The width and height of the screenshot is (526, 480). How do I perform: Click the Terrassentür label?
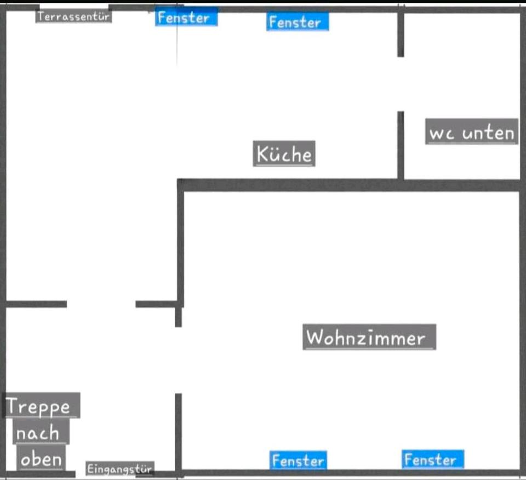pos(73,16)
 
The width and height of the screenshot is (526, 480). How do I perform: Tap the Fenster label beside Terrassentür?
pos(186,18)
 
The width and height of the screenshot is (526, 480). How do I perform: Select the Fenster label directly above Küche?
pos(298,22)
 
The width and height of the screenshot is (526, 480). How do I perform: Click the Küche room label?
pos(284,154)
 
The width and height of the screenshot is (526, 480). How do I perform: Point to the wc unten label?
pos(472,132)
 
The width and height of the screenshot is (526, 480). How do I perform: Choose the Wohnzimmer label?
pos(369,337)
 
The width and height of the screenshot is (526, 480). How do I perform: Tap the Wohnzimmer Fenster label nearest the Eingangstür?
pos(298,460)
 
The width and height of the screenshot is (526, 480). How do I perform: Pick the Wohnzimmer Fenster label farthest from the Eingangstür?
pos(433,459)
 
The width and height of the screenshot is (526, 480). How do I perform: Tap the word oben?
pos(41,459)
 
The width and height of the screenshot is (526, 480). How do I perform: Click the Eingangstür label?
pos(120,468)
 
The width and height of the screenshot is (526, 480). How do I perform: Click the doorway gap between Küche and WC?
pos(401,84)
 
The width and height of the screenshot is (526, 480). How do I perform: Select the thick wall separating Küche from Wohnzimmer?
pos(349,186)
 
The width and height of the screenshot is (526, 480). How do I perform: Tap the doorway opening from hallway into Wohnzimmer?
pos(179,360)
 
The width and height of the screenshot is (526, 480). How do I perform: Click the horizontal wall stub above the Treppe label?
pos(36,304)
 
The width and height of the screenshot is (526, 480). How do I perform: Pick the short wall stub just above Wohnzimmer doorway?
pos(179,317)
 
